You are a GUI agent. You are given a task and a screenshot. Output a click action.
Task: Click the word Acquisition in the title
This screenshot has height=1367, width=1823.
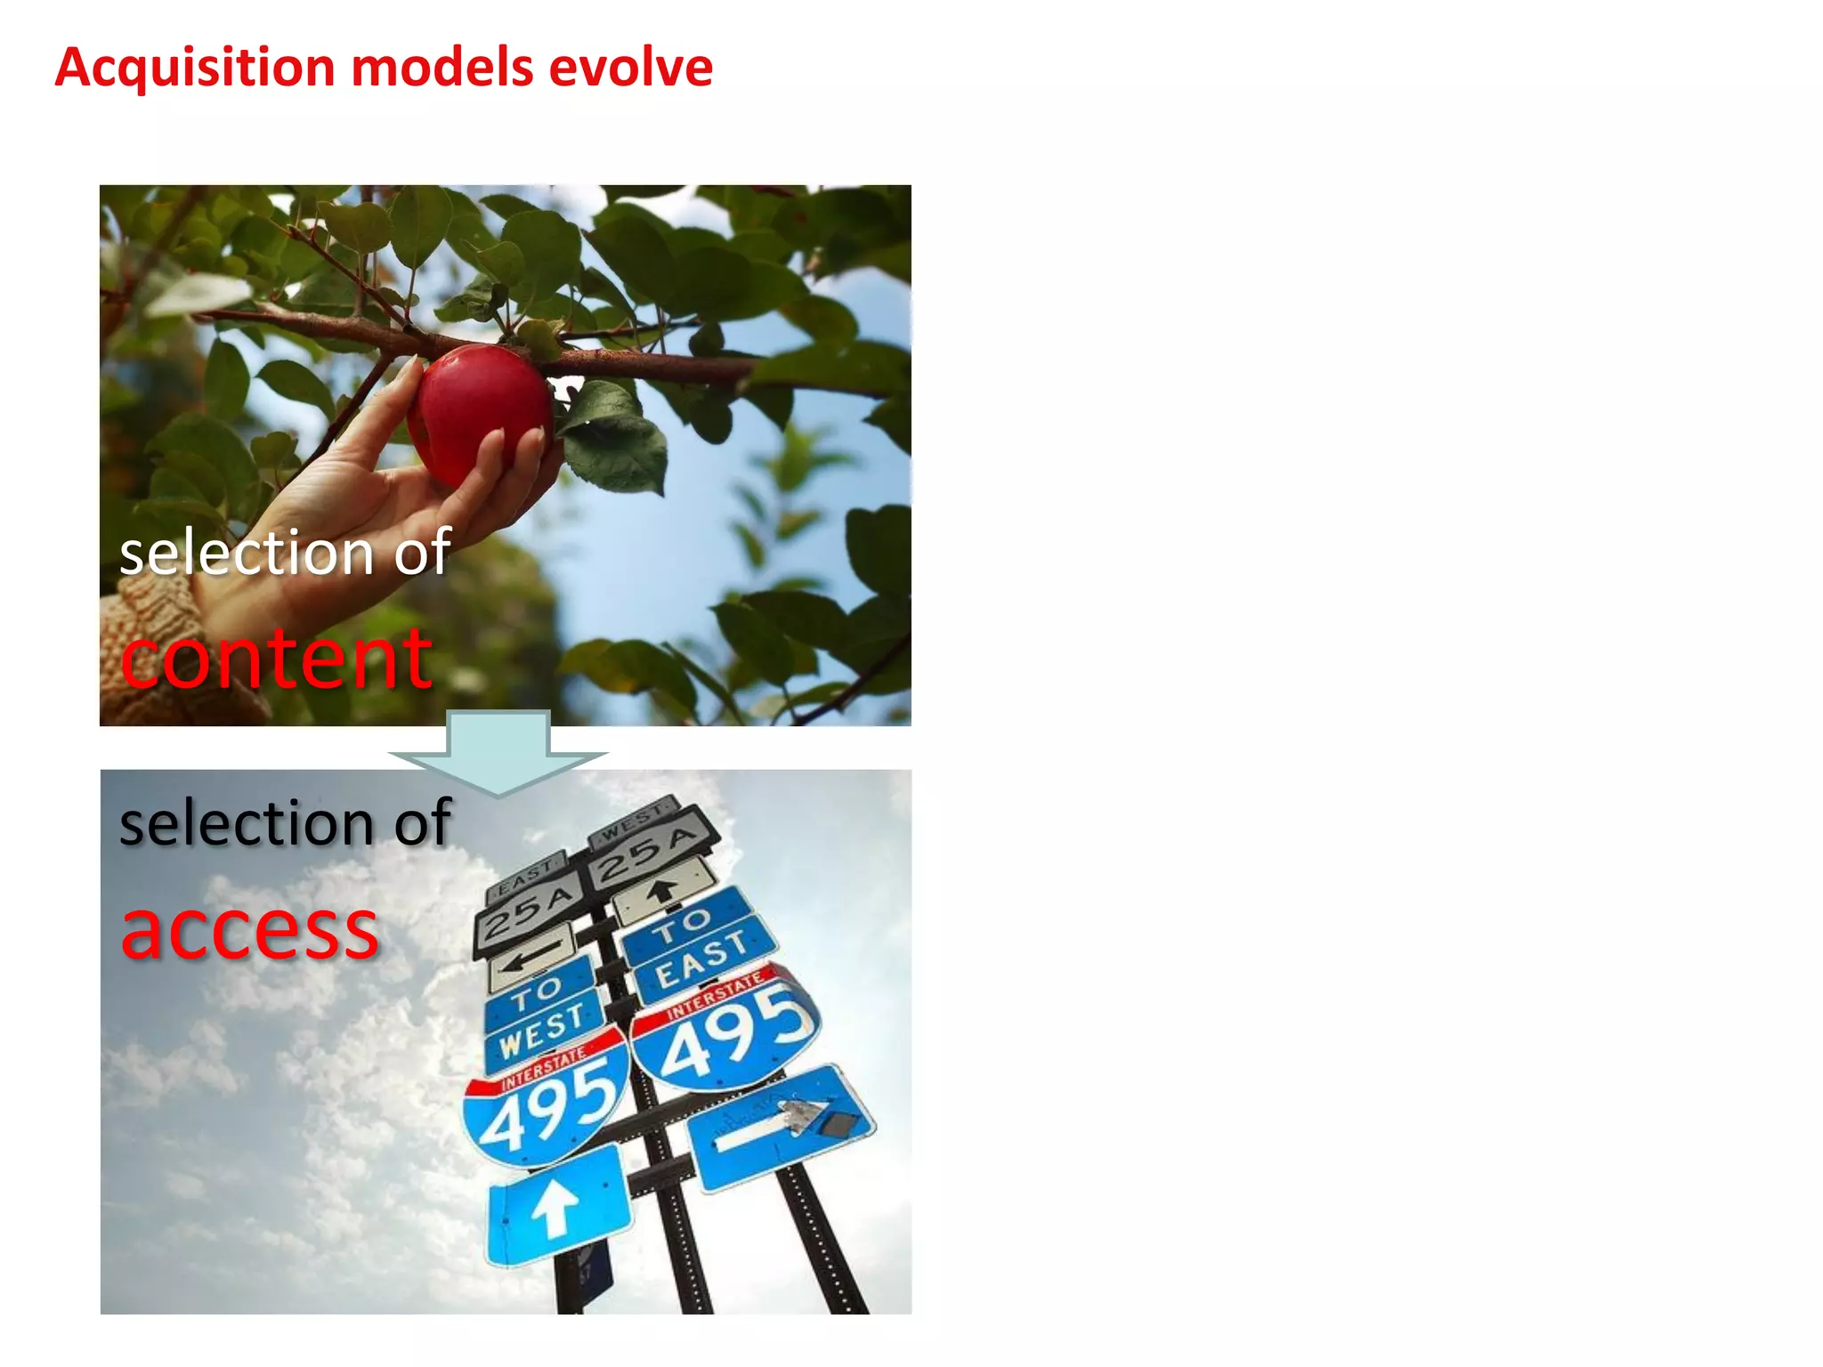tap(194, 69)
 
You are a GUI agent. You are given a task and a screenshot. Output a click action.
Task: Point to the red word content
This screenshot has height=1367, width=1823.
tap(276, 659)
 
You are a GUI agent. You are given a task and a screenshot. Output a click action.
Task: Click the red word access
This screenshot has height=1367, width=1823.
tap(250, 930)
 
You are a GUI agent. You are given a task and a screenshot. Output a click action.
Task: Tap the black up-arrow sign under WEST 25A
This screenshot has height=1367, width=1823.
tap(663, 890)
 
